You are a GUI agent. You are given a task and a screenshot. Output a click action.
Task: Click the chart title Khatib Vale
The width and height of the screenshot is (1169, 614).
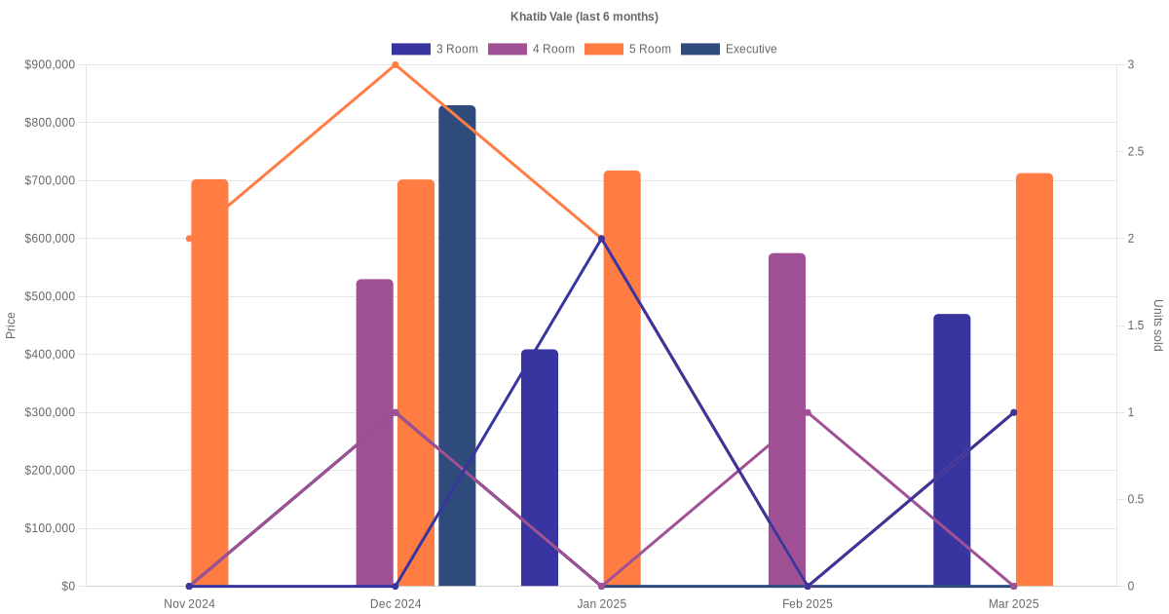click(x=584, y=17)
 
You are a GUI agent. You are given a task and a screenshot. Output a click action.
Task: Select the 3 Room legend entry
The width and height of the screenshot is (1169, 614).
click(x=434, y=49)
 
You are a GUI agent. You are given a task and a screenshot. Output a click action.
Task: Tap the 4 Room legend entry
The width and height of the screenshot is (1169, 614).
click(x=531, y=49)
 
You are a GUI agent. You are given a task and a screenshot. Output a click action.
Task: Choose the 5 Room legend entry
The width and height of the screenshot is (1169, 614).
click(x=627, y=49)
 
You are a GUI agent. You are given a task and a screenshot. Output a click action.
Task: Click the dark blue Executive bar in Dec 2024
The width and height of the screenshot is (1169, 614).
click(x=457, y=346)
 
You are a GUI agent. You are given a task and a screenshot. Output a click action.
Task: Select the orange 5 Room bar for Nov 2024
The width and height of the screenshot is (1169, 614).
click(x=209, y=382)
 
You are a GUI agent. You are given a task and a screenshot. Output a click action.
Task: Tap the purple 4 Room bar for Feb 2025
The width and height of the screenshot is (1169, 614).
click(x=787, y=419)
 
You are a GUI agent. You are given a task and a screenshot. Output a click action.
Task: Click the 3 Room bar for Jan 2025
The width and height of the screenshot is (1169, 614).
click(x=540, y=468)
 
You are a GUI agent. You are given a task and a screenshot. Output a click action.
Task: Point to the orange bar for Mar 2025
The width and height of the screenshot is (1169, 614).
click(x=1035, y=380)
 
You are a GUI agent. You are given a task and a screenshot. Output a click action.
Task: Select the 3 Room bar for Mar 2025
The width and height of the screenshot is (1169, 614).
click(x=952, y=450)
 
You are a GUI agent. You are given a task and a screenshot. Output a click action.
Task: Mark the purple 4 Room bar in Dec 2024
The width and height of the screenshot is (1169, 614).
click(x=375, y=433)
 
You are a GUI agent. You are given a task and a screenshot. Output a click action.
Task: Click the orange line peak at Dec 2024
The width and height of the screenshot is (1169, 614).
click(x=396, y=65)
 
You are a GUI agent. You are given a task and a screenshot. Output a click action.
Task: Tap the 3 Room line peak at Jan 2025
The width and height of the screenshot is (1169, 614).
click(x=601, y=239)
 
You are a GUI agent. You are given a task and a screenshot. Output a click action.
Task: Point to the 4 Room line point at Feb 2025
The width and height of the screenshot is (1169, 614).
click(x=808, y=412)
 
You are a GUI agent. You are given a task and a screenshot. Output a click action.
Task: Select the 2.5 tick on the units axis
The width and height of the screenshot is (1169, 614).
click(x=1136, y=152)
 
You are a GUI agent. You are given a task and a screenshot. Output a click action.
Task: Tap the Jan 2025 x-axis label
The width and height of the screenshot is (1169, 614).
click(x=601, y=604)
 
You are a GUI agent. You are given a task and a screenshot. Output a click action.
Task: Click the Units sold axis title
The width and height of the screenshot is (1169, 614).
click(x=1158, y=325)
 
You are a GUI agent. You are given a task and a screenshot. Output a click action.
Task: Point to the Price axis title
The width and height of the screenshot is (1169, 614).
click(x=11, y=325)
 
